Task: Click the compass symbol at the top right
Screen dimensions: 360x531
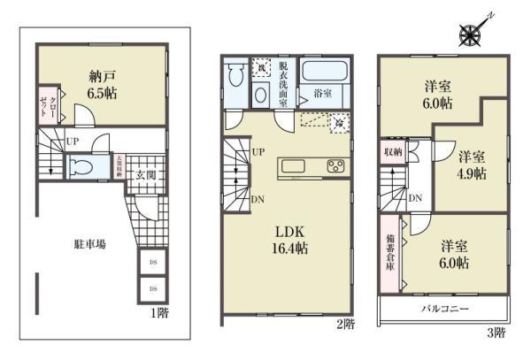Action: coord(469,34)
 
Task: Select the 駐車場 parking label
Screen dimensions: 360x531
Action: coord(89,244)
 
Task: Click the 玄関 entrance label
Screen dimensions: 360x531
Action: coord(145,175)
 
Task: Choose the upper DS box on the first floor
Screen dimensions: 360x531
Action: coord(152,264)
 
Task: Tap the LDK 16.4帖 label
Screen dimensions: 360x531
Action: coord(288,240)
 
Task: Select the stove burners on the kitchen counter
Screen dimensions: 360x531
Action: coord(335,166)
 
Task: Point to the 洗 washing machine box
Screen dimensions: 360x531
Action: coord(263,67)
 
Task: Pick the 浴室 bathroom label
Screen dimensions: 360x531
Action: coord(322,91)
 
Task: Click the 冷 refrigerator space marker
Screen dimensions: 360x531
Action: coord(337,123)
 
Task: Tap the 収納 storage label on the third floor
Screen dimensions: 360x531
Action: coord(392,152)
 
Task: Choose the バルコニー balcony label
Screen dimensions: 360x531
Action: coord(443,309)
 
